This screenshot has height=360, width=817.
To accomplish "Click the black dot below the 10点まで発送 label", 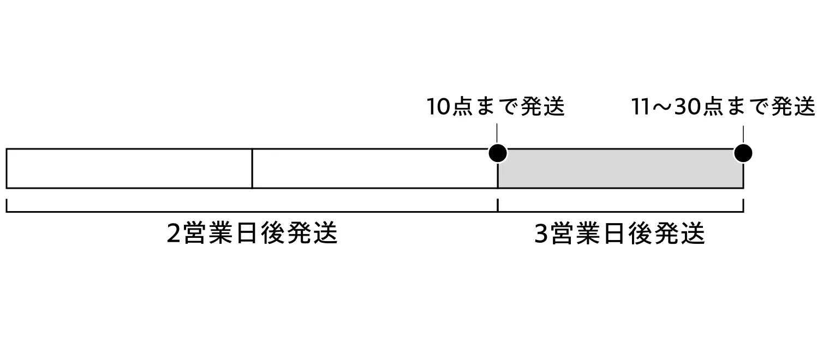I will tap(497, 153).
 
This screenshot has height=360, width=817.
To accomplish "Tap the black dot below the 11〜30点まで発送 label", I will tap(743, 153).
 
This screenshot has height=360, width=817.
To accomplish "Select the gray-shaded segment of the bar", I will tap(620, 169).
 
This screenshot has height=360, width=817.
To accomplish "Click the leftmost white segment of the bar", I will tap(129, 169).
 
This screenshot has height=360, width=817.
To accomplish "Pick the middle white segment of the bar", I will tap(374, 169).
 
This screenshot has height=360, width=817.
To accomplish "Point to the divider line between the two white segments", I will tap(252, 169).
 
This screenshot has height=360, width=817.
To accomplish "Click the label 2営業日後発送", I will tap(252, 233).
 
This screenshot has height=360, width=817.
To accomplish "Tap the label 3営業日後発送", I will tap(619, 233).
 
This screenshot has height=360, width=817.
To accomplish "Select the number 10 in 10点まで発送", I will tap(439, 107).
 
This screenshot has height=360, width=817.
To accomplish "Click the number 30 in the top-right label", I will tap(688, 107).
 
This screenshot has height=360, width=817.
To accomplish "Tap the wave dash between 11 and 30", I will tap(663, 107).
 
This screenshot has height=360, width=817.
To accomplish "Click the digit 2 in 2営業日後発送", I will tap(174, 234).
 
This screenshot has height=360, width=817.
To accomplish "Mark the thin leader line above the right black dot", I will tap(743, 134).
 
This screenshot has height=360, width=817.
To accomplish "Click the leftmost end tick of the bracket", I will tap(7, 206).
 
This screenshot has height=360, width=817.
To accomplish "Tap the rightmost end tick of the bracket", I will tap(743, 206).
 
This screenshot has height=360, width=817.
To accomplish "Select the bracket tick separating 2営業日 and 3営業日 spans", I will tap(497, 206).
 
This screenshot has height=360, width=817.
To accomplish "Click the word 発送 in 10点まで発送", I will tap(542, 107).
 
